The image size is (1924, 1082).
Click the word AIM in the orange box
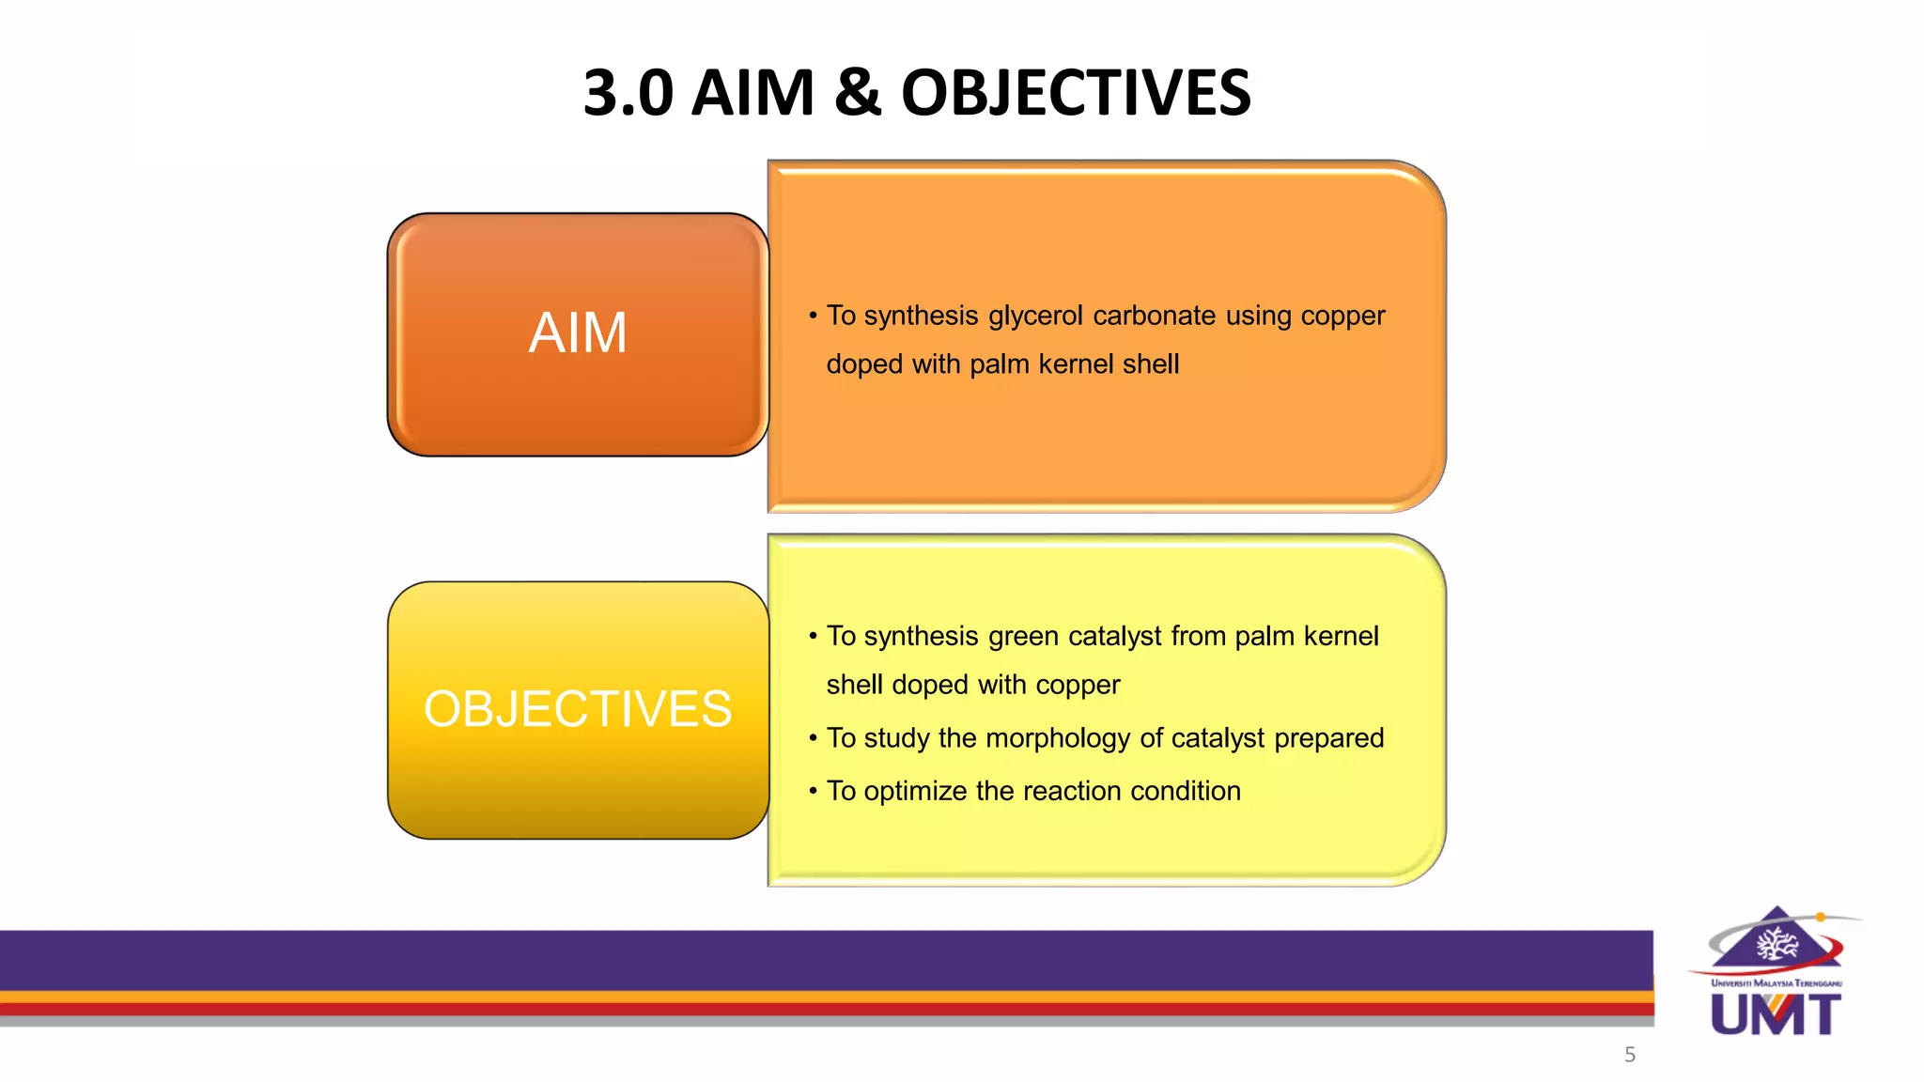tap(578, 333)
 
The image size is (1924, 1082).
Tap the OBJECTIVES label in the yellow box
tap(578, 709)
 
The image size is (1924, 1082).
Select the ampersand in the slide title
tap(857, 93)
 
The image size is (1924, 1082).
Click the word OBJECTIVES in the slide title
tap(1076, 93)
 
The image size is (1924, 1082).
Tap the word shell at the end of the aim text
tap(1145, 364)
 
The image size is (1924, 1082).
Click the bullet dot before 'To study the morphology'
tap(813, 739)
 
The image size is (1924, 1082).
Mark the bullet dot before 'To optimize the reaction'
tap(813, 792)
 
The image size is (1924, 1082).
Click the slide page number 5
tap(1630, 1055)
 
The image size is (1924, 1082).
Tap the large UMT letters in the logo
tap(1776, 1015)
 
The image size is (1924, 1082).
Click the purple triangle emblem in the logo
tap(1777, 938)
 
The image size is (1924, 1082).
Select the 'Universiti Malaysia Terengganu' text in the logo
tap(1776, 983)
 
